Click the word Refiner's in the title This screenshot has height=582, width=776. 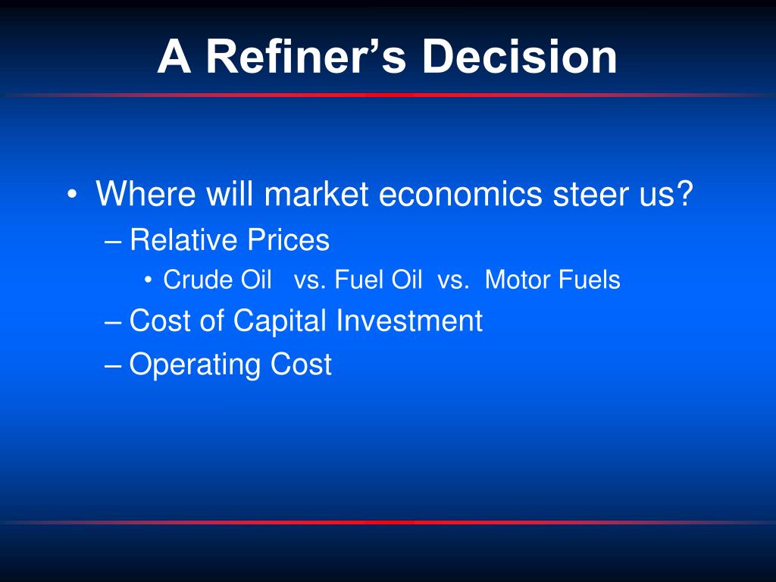pos(306,56)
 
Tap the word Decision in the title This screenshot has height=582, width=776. pos(519,56)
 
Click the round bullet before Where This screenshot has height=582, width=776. pos(72,194)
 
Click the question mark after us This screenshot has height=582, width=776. pos(684,193)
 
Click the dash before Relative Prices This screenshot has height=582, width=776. pos(114,242)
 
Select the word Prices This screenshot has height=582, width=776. pos(288,239)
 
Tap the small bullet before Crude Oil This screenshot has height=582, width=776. pos(148,280)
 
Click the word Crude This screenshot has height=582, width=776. pos(198,280)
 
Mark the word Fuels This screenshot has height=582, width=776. pos(589,280)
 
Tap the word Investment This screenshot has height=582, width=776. pos(409,321)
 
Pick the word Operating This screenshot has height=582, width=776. pos(195,366)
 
